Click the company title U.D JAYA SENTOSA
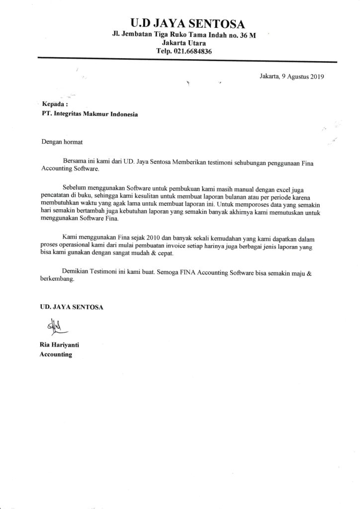click(x=180, y=23)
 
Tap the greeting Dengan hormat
click(x=62, y=141)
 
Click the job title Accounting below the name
click(x=56, y=354)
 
